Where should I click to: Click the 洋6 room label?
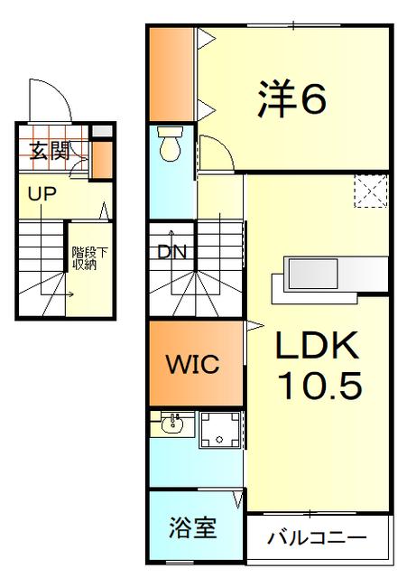click(x=291, y=98)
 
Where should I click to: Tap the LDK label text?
click(x=318, y=345)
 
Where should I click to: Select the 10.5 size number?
click(x=320, y=386)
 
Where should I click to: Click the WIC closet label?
click(x=193, y=364)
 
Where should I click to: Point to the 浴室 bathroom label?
click(x=193, y=527)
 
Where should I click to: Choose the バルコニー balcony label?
click(x=317, y=538)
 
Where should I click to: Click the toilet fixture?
click(x=170, y=144)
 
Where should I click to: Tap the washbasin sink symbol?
click(x=172, y=424)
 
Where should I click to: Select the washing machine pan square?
click(x=219, y=430)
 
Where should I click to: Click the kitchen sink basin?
click(x=313, y=274)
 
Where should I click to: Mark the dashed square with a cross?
click(x=371, y=191)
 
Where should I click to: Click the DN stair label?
click(x=172, y=253)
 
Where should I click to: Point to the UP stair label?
click(x=42, y=194)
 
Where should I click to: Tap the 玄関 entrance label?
click(x=50, y=151)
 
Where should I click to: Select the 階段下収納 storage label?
click(x=90, y=258)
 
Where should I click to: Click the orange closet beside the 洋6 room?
click(x=171, y=74)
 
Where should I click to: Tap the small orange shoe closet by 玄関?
click(x=102, y=159)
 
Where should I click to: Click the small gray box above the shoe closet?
click(x=102, y=131)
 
